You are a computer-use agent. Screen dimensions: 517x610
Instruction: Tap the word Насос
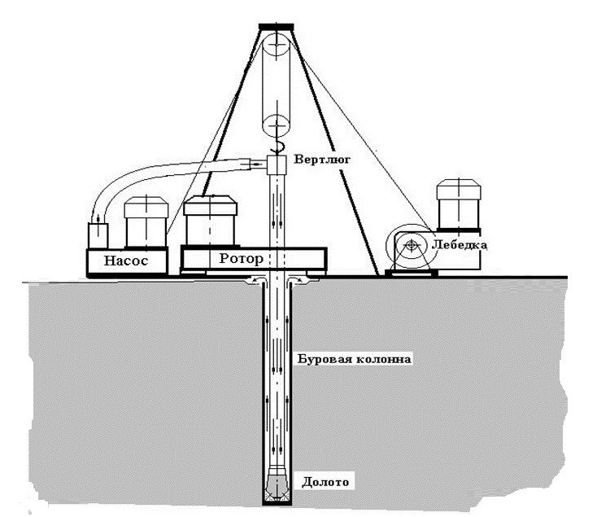point(126,262)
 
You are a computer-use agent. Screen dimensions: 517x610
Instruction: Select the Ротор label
point(241,260)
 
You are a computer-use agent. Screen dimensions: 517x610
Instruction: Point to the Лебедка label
point(460,243)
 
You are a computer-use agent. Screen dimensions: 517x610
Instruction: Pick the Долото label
point(325,482)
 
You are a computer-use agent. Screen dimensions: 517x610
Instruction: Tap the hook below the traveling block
point(278,147)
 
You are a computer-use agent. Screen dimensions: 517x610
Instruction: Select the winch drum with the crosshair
point(412,244)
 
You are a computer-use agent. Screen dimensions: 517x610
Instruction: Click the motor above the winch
point(460,204)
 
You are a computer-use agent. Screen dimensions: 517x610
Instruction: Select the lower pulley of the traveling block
point(278,125)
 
